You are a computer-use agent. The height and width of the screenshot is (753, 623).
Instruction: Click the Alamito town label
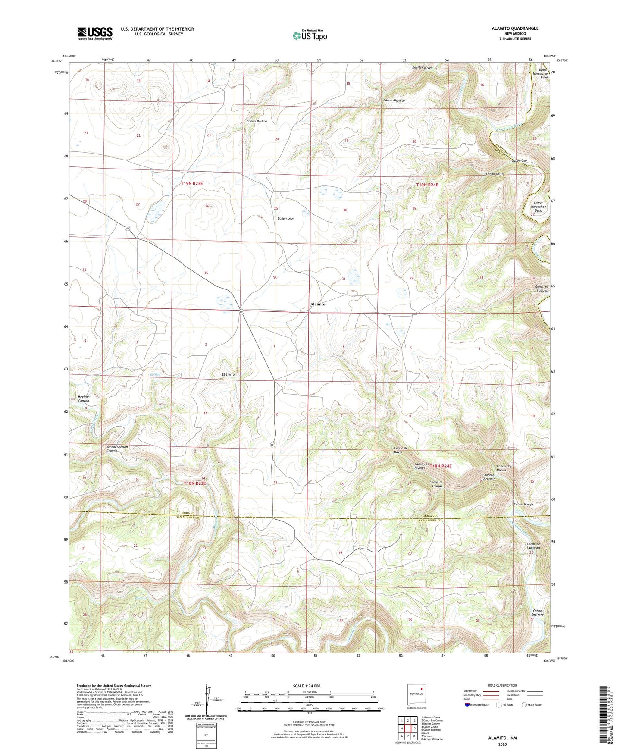click(x=318, y=304)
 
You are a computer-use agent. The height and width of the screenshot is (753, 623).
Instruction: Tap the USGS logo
click(x=95, y=33)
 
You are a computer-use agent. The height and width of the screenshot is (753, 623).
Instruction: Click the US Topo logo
click(x=309, y=35)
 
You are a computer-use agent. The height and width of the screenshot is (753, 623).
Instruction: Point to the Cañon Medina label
click(x=257, y=121)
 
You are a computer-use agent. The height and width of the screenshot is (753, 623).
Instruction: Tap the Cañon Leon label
click(x=285, y=219)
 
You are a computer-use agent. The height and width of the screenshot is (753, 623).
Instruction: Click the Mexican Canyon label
click(x=83, y=398)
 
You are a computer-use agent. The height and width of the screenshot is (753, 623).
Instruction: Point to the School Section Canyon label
click(x=117, y=449)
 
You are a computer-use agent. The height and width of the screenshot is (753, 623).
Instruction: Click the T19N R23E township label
click(x=192, y=184)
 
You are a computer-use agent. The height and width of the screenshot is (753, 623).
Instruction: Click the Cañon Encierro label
click(x=537, y=613)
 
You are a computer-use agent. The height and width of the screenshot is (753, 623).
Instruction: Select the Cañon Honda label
click(x=523, y=505)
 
